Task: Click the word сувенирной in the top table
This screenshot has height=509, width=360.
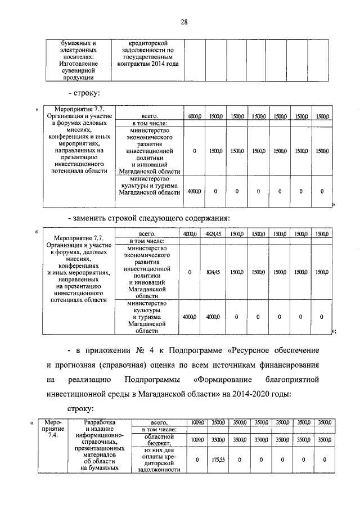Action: (x=79, y=71)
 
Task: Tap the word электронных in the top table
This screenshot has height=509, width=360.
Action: (x=79, y=49)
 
